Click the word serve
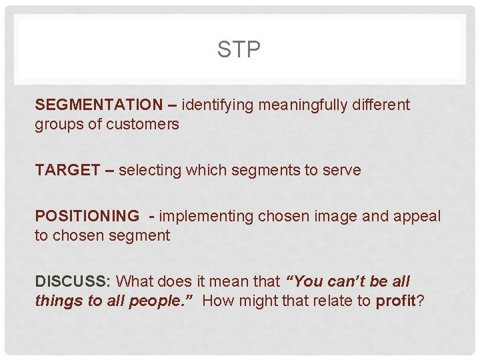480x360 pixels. [341, 170]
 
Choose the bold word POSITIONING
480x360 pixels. [87, 216]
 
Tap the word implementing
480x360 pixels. [207, 216]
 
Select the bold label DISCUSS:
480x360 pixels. [73, 281]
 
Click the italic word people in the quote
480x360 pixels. [165, 301]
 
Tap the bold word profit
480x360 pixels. [396, 301]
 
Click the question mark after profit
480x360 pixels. [421, 301]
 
